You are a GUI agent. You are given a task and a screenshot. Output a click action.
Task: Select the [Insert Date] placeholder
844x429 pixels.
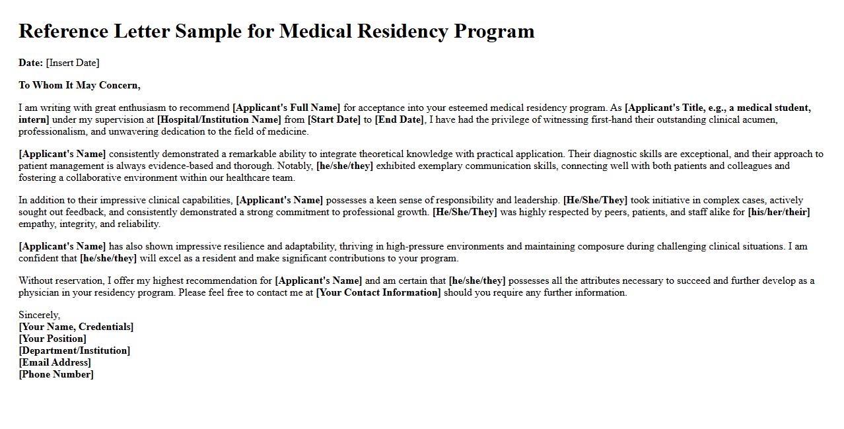(x=73, y=63)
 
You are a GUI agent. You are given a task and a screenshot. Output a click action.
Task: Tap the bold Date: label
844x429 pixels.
(x=30, y=63)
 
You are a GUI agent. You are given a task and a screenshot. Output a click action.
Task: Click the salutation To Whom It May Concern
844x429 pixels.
(x=79, y=85)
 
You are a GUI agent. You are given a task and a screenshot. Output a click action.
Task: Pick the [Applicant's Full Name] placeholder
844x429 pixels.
(x=287, y=108)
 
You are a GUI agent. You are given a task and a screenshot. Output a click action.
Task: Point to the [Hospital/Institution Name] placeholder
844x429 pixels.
(x=219, y=119)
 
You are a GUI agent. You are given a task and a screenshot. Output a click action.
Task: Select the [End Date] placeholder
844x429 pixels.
(x=399, y=119)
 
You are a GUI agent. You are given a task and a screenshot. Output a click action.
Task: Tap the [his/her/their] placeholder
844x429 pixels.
(x=779, y=212)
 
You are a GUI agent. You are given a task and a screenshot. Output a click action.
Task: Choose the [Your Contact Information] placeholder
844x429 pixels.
(x=378, y=292)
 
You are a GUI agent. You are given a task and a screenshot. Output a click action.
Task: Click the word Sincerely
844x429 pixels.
(x=39, y=315)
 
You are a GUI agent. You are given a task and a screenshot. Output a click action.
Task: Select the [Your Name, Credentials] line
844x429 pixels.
(x=76, y=327)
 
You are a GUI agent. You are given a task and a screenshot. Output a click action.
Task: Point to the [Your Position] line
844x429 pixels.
(x=52, y=339)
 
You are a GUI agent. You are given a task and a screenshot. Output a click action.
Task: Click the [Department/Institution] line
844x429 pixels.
(x=74, y=350)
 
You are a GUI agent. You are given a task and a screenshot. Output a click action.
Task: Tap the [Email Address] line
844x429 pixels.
(x=55, y=362)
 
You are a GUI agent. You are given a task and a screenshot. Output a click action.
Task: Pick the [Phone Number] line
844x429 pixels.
(x=56, y=374)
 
